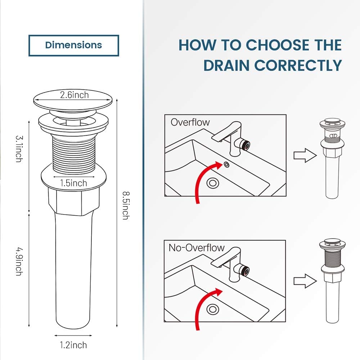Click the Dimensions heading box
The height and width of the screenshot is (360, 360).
[73, 45]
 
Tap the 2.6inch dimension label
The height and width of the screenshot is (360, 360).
[74, 95]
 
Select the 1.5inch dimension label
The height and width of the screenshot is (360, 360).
[73, 183]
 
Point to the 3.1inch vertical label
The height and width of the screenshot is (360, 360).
[19, 148]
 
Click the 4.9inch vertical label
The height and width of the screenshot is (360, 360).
[19, 261]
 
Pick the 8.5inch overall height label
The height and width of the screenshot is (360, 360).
[125, 205]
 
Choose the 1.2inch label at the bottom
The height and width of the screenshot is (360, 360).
[73, 345]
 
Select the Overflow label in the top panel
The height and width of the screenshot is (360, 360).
[190, 122]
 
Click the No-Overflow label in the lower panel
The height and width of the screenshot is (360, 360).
[197, 248]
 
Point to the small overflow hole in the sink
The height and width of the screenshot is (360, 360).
[227, 165]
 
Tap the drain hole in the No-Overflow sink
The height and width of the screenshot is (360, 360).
[213, 309]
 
